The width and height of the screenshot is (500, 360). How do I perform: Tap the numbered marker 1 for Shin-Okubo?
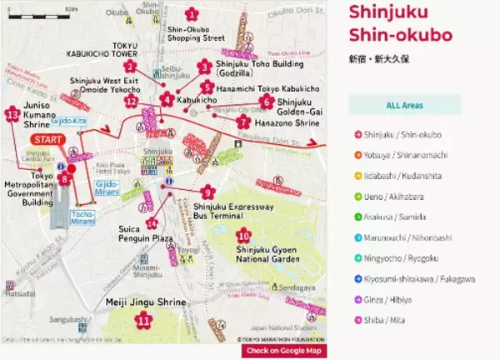point(192,13)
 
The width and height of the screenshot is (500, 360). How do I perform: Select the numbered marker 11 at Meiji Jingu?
point(144,318)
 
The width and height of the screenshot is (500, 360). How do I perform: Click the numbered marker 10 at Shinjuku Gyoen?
point(243,235)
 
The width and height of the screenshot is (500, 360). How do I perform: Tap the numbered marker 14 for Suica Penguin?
point(151,223)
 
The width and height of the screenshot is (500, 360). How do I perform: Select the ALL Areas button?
point(404,105)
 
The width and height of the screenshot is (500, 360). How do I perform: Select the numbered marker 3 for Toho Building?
point(205,67)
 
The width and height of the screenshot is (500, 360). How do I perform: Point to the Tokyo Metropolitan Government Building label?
point(30,188)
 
